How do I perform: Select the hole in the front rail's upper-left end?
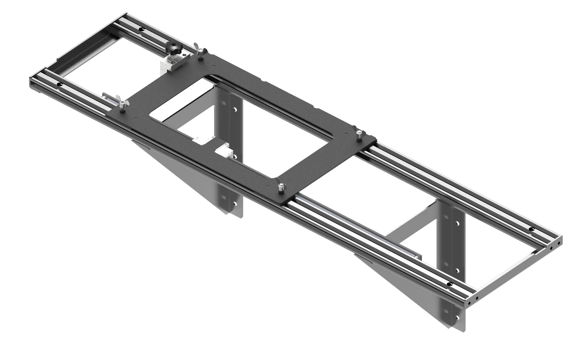coord(59,85)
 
